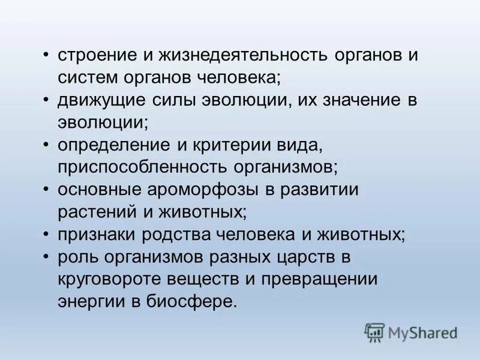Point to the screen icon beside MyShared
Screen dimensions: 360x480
pos(374,332)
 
